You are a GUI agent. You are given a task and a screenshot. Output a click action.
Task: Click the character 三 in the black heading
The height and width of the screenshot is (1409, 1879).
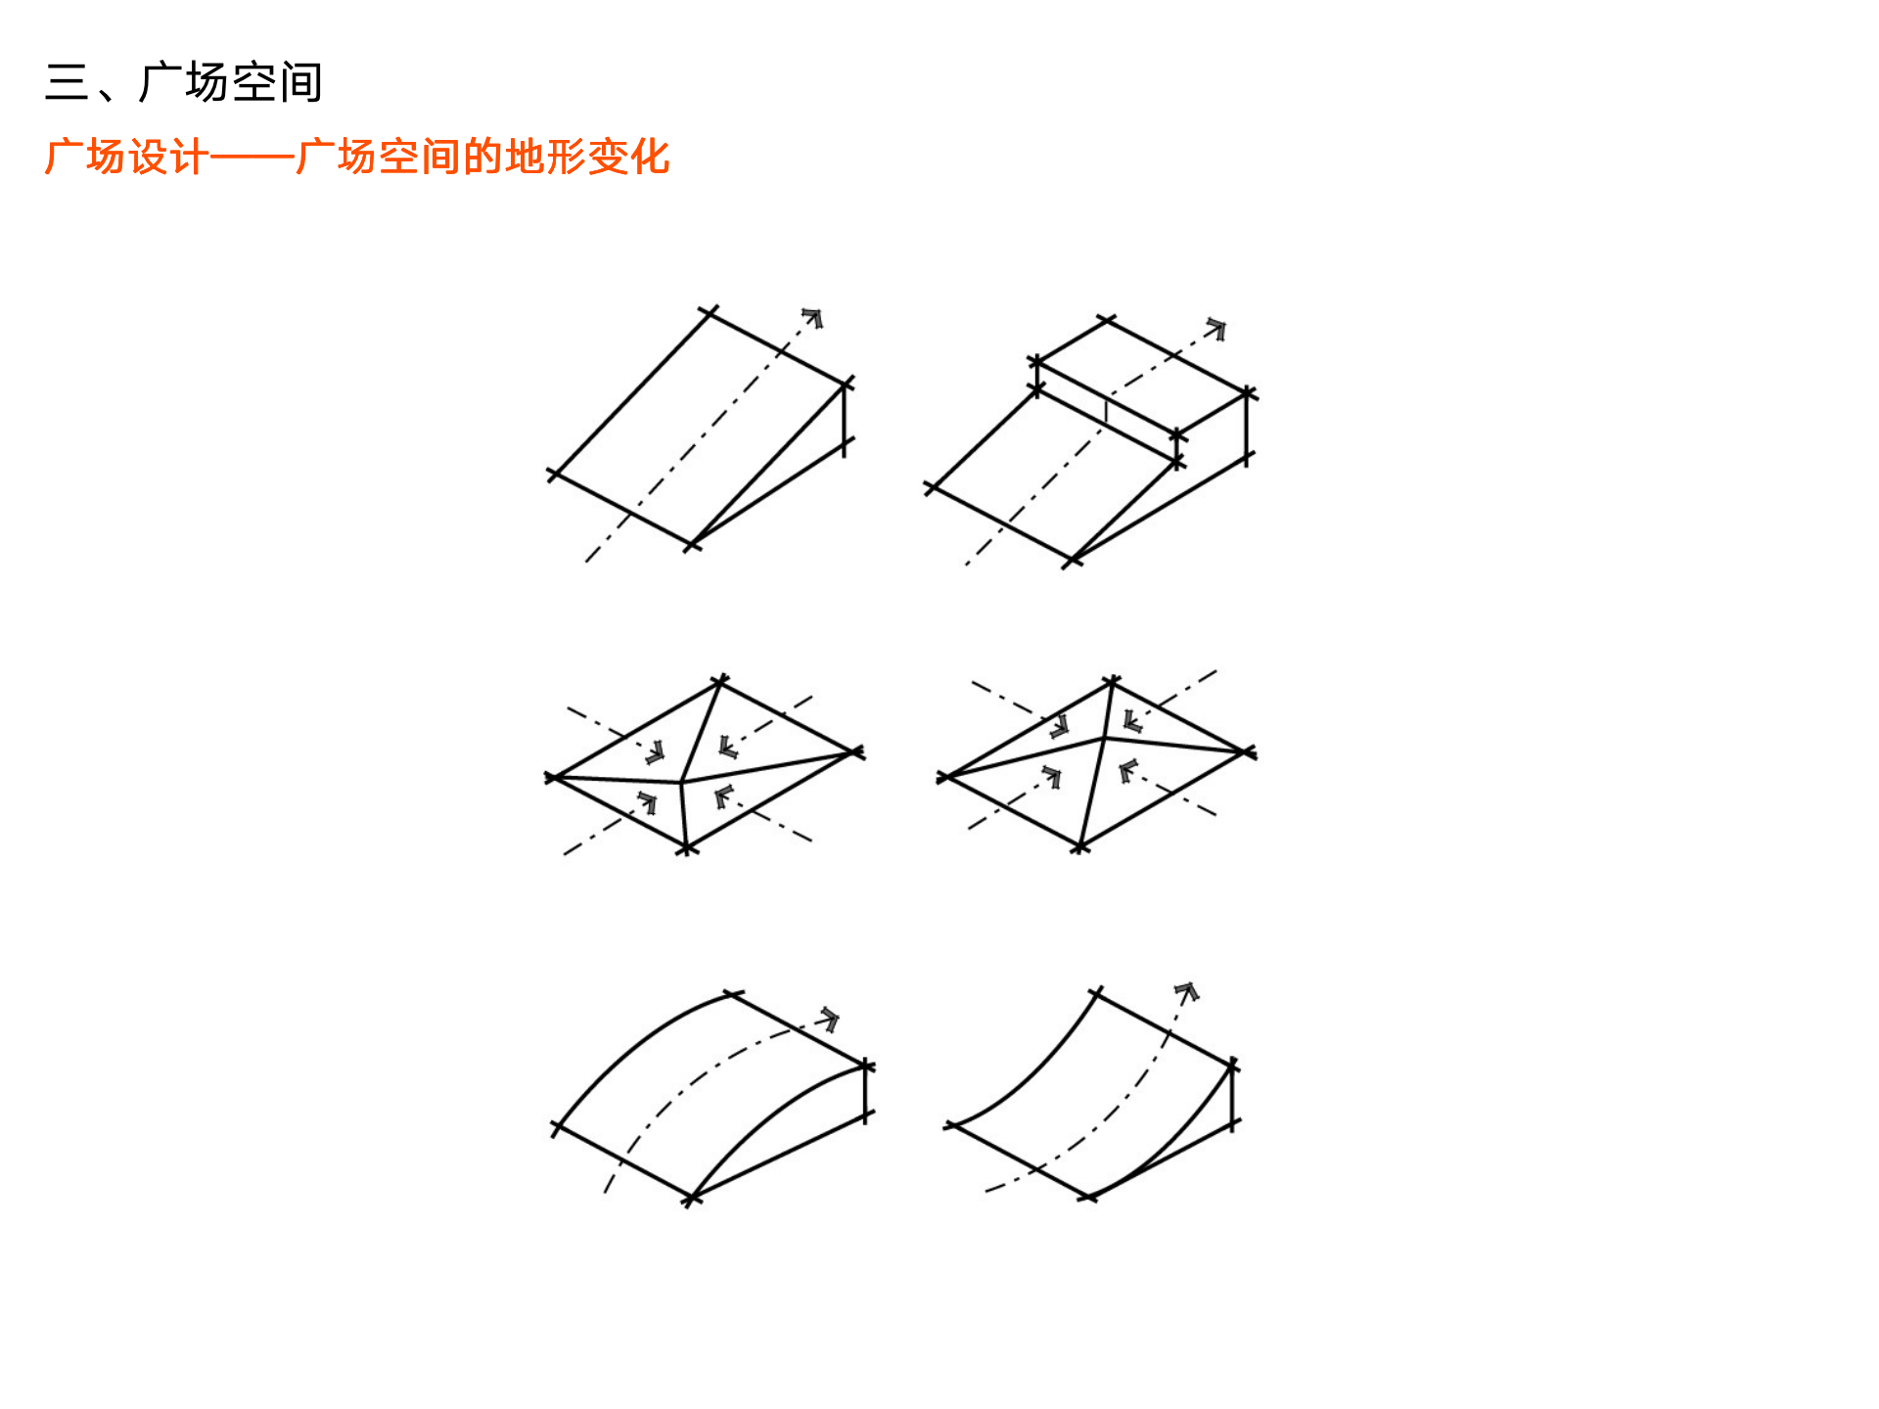(x=67, y=82)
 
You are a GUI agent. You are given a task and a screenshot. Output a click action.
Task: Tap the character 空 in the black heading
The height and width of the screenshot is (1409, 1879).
(x=254, y=82)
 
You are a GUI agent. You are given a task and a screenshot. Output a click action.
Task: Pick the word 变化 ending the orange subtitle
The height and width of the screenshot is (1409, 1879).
(x=628, y=158)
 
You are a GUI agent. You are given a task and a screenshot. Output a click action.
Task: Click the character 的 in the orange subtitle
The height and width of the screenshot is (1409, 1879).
(x=481, y=158)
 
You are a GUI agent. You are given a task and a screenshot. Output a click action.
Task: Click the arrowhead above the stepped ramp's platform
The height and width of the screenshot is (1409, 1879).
(x=1216, y=328)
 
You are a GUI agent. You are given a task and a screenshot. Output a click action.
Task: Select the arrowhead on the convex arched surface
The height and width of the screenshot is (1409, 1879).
(x=830, y=1019)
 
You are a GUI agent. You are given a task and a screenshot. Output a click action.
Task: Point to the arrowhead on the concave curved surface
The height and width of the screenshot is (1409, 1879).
(x=1187, y=992)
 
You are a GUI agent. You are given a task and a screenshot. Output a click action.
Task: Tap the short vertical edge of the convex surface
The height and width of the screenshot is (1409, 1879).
(x=866, y=1091)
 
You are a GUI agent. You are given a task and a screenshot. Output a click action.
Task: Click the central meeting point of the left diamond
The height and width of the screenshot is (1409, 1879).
(x=681, y=782)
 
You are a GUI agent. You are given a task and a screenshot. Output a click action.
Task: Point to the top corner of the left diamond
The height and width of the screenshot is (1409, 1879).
(x=720, y=680)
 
